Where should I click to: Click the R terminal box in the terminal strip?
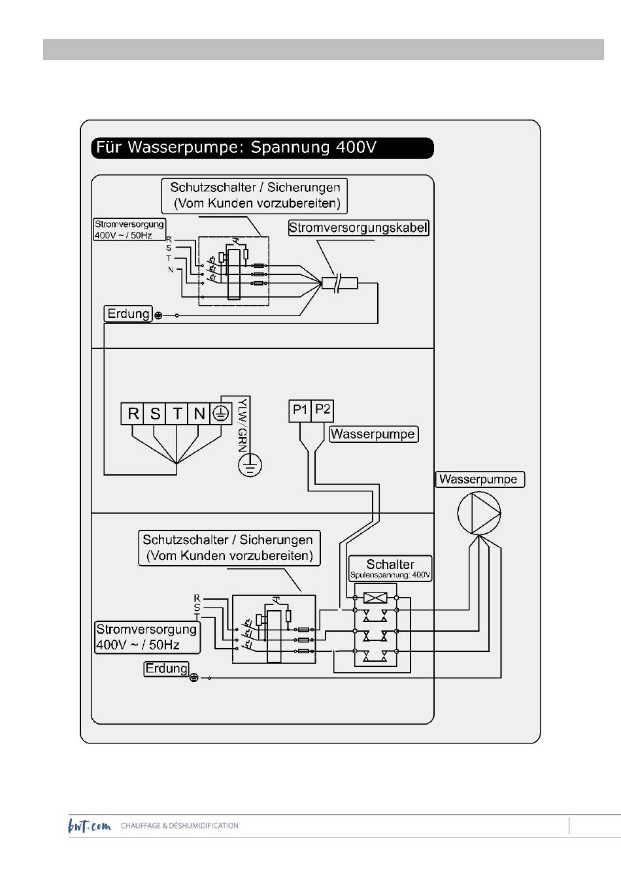pos(133,414)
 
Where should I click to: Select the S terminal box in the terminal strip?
pos(155,414)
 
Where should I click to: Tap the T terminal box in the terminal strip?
pos(177,414)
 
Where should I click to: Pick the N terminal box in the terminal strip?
pos(199,414)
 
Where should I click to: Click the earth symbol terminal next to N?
pos(221,414)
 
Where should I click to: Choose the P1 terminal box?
pos(300,410)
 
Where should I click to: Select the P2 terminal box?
pos(323,410)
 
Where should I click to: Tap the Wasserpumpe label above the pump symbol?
pos(478,480)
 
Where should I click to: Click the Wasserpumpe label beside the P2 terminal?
pos(373,434)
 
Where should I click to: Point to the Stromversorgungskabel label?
pos(358,228)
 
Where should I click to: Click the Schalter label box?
pos(390,568)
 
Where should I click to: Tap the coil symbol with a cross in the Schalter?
pos(375,597)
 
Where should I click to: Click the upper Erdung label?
pos(129,314)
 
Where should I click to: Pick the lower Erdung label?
pos(166,668)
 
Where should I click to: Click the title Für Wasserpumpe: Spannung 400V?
pos(262,148)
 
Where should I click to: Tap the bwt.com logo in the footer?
pos(90,826)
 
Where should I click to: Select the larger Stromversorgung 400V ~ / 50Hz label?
pos(146,637)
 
